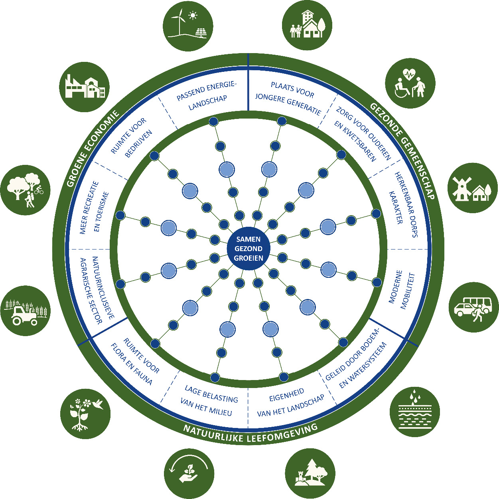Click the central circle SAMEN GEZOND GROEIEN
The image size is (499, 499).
[248, 248]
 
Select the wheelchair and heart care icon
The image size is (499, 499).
[410, 83]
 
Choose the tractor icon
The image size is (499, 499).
[26, 311]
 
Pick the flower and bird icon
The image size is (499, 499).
[85, 413]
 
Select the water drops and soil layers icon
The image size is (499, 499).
[415, 412]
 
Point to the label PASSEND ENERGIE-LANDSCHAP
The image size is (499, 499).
[207, 95]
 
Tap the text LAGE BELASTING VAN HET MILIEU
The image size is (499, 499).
[209, 400]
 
